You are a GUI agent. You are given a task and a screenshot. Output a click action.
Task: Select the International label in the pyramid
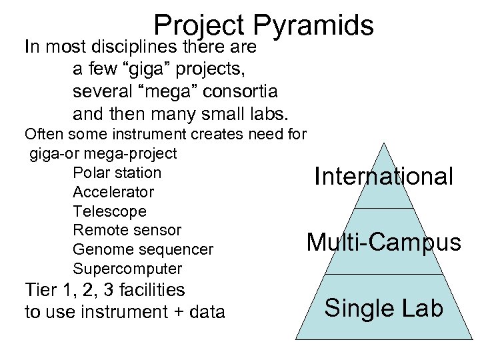(x=384, y=177)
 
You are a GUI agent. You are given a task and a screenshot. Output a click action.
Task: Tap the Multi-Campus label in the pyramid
(x=383, y=242)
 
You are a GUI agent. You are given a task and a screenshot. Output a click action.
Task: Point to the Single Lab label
(x=383, y=308)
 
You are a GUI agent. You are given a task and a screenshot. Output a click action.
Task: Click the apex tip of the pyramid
(x=383, y=143)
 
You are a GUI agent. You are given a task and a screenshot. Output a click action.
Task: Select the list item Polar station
(x=117, y=173)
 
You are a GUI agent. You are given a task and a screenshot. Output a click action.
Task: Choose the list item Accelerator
(x=113, y=192)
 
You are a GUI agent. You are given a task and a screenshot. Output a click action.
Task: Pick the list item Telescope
(x=109, y=211)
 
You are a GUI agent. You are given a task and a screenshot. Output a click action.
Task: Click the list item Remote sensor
(x=127, y=230)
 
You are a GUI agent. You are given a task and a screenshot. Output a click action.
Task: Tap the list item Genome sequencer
(x=143, y=249)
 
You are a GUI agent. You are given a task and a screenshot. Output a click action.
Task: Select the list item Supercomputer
(x=127, y=269)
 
